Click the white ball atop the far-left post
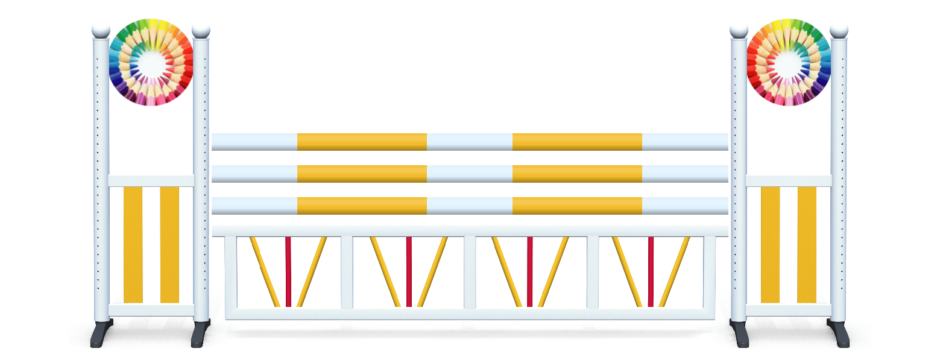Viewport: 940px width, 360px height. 101,29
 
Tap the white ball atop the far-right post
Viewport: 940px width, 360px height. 838,29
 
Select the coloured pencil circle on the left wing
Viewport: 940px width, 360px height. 151,63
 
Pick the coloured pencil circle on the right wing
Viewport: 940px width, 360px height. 789,63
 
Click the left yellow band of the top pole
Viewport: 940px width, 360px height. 362,142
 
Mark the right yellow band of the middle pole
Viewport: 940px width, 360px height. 577,174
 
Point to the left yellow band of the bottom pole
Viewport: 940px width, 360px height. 362,206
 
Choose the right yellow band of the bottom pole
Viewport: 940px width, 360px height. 577,206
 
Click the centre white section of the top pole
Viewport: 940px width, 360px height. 469,142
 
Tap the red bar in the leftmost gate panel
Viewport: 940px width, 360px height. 288,271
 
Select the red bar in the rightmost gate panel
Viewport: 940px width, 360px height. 651,271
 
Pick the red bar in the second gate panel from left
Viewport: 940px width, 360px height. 409,271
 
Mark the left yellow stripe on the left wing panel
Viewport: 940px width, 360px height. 133,244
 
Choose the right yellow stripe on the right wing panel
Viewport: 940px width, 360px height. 806,244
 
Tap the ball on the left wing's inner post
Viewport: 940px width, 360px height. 201,29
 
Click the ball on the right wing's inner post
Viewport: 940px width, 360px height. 739,29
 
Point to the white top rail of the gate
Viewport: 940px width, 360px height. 470,230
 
